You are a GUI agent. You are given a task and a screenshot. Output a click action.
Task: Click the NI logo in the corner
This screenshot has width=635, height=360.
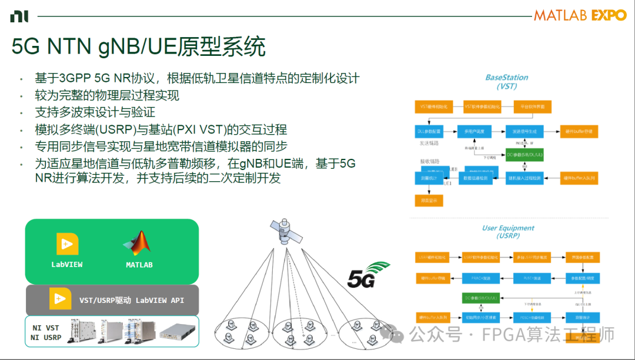[x=19, y=16]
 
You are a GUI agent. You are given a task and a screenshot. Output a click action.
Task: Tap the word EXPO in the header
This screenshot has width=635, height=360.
[x=609, y=15]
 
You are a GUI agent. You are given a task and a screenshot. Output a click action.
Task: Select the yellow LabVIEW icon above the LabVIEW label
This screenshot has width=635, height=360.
[x=67, y=244]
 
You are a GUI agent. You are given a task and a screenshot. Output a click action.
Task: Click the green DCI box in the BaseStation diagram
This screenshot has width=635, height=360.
[x=524, y=154]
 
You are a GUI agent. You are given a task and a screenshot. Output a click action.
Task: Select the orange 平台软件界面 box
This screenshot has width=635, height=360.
[x=533, y=106]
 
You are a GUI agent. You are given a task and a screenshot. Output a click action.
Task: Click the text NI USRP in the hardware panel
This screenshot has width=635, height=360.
[x=46, y=338]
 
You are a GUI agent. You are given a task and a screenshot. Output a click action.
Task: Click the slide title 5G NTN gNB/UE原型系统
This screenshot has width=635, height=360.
[x=138, y=47]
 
